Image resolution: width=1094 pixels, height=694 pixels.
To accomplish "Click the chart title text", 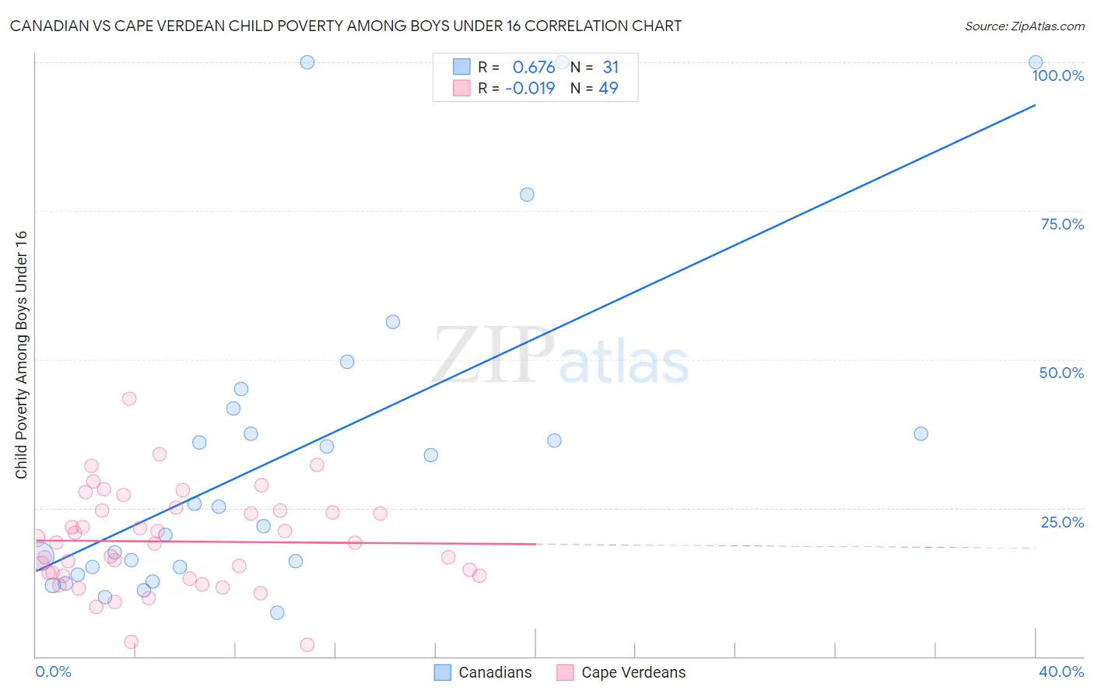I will (x=345, y=26).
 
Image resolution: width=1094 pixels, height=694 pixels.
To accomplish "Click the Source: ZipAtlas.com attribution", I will (x=1024, y=26).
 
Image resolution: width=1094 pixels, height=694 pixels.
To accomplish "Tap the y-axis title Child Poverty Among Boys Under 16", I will (x=21, y=355).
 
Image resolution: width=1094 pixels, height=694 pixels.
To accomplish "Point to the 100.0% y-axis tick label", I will (x=1057, y=75).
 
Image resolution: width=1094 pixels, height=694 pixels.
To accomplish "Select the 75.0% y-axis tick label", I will (x=1062, y=224).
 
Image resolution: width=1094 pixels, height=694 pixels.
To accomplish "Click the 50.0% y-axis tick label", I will (x=1061, y=373).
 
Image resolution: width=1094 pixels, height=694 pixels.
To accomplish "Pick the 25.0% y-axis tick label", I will (x=1062, y=522).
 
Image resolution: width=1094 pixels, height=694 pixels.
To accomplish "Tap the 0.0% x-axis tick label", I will (x=53, y=671).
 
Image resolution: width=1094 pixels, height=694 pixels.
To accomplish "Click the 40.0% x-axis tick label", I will (x=1061, y=671).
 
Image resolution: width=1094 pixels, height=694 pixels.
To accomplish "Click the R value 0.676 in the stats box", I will (x=533, y=67).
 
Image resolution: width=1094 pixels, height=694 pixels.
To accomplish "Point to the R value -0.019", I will (x=530, y=88).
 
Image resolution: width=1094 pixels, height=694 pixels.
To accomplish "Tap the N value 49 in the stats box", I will (x=608, y=88).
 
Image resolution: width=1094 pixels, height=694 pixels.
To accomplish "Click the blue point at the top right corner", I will (x=1036, y=62).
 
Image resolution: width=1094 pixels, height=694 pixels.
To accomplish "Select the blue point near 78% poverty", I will (x=527, y=195).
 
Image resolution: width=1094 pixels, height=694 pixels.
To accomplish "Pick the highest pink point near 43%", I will (x=129, y=398).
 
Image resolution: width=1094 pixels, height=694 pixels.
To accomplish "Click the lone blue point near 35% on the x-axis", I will (x=920, y=433).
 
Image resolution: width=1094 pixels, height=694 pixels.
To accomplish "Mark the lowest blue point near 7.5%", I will (x=277, y=612).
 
